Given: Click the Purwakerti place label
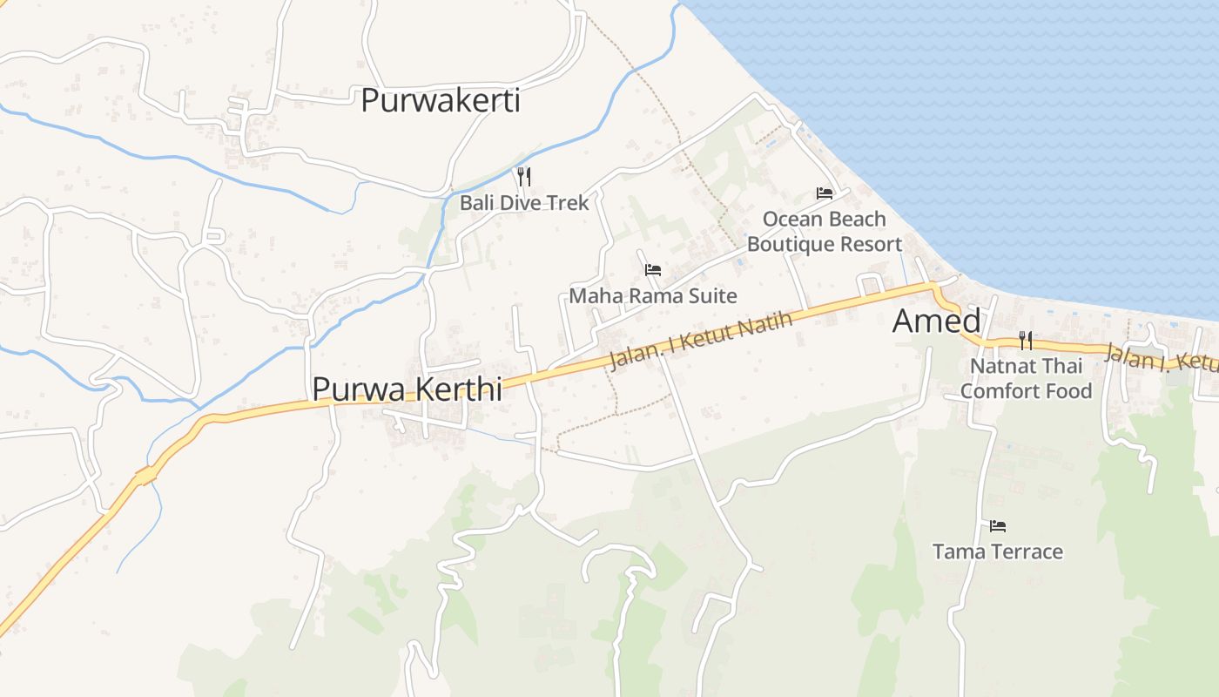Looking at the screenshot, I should tap(440, 100).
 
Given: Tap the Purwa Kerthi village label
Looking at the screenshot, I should tap(407, 389).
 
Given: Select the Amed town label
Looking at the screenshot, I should tap(936, 321).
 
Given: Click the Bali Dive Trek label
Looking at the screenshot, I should tap(524, 203).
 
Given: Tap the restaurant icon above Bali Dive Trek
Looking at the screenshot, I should tap(523, 177).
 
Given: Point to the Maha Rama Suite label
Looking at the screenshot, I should tap(652, 296).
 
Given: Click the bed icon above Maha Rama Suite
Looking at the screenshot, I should tap(653, 270).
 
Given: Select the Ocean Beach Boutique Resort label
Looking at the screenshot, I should tap(824, 232).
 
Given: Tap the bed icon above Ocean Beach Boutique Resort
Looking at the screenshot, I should tap(824, 193).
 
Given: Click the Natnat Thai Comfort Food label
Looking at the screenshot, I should tap(1026, 378).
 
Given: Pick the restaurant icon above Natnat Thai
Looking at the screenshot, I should tap(1026, 341).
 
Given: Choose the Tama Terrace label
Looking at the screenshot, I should tap(997, 552).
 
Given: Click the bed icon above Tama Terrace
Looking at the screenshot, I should tap(998, 526).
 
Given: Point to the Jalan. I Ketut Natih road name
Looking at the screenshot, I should tap(701, 341).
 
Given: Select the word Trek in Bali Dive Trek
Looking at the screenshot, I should tap(569, 203).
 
